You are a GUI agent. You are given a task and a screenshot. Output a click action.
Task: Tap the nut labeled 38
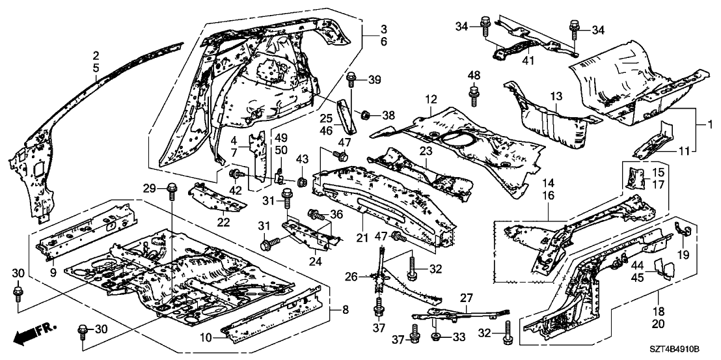[x=366, y=115]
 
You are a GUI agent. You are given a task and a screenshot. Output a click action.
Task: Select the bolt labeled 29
[x=172, y=192]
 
